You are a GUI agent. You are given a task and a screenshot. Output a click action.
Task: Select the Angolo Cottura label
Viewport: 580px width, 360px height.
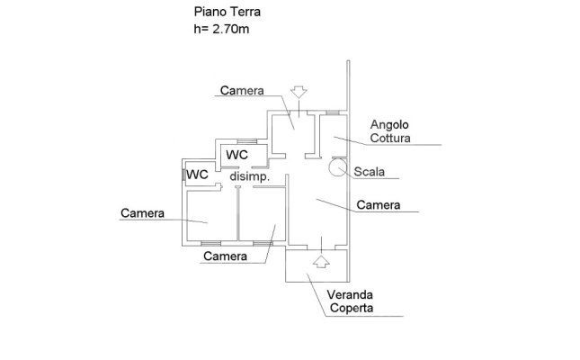[391, 131]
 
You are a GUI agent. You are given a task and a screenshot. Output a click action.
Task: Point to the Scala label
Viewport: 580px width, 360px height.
[369, 171]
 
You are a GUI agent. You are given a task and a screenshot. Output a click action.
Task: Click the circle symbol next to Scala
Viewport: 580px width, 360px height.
[337, 166]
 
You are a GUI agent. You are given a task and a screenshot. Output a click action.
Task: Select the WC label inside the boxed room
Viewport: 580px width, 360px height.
[237, 155]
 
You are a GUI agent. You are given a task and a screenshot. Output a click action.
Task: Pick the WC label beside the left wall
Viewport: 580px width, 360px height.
[198, 175]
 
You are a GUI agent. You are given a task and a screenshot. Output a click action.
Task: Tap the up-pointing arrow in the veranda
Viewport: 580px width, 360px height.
[319, 263]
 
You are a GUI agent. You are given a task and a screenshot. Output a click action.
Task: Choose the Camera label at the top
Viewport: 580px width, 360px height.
[241, 91]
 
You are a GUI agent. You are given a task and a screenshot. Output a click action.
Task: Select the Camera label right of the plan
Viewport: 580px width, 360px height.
[378, 205]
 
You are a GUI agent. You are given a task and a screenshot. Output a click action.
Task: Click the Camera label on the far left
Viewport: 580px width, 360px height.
[142, 213]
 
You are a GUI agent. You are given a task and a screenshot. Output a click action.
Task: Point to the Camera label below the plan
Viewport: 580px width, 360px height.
[225, 256]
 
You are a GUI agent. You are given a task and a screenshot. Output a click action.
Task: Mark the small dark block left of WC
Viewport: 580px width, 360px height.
[183, 174]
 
